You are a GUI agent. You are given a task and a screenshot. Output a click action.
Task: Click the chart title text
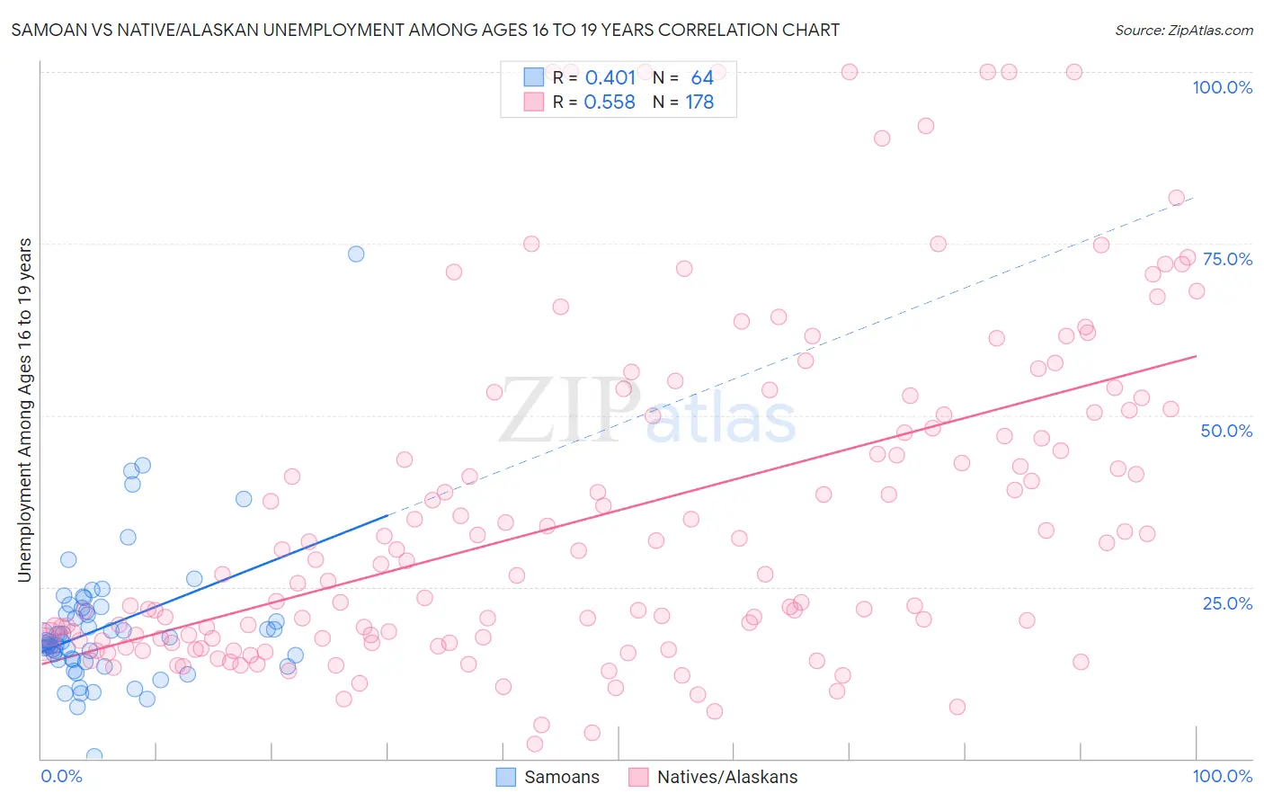click(425, 30)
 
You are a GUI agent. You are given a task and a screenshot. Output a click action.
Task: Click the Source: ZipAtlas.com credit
click(1183, 30)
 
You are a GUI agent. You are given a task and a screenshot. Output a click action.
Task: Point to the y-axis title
click(24, 410)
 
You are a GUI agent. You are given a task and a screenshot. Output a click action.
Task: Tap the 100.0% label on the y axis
click(1222, 87)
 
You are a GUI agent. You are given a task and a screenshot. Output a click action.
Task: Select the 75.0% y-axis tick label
click(1227, 259)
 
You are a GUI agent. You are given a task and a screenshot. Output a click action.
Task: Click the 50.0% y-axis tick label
click(1226, 431)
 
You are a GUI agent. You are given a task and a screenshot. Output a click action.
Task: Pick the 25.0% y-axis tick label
click(1227, 603)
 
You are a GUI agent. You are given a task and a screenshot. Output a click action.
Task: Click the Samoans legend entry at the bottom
click(548, 778)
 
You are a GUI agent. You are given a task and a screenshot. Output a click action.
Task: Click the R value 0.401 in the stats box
click(610, 78)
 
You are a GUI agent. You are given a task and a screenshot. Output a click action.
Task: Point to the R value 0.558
click(610, 102)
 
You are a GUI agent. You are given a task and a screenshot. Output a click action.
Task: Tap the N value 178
click(699, 102)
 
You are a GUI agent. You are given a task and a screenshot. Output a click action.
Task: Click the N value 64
click(702, 78)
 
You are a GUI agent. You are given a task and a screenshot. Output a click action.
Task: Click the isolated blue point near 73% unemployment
click(356, 254)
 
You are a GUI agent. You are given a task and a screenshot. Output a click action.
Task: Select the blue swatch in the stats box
click(534, 77)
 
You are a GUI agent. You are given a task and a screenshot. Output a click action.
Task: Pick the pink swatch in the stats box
click(534, 102)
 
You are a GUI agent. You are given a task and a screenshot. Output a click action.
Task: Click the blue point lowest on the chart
click(93, 756)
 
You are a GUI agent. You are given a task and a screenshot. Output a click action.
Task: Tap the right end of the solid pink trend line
click(1196, 356)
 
